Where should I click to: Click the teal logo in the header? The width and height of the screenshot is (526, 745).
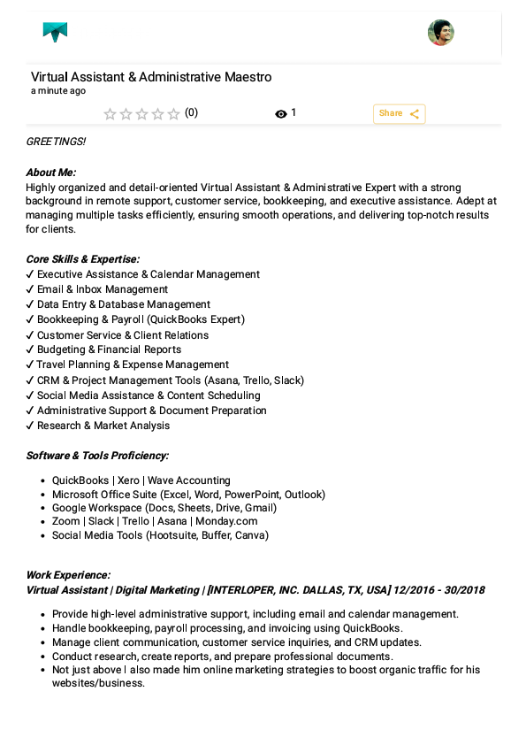55,33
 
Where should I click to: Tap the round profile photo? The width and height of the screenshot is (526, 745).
440,33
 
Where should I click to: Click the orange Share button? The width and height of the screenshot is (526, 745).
399,113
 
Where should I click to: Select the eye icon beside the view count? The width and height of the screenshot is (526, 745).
281,114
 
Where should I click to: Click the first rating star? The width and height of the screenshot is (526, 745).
111,114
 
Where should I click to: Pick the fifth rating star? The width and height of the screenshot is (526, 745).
174,114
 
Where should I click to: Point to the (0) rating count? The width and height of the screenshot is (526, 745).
191,113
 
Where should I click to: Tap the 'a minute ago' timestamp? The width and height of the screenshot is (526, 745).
58,91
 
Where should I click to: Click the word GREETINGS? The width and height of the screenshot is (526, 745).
56,142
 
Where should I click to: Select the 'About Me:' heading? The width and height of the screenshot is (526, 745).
51,173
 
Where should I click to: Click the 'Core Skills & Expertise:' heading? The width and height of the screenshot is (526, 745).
83,259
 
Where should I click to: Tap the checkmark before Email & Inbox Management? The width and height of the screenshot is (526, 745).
30,289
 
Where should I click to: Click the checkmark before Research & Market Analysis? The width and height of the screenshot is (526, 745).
30,426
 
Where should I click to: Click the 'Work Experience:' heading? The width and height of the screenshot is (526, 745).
68,575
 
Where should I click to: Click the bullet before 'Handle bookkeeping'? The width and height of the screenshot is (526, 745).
43,628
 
